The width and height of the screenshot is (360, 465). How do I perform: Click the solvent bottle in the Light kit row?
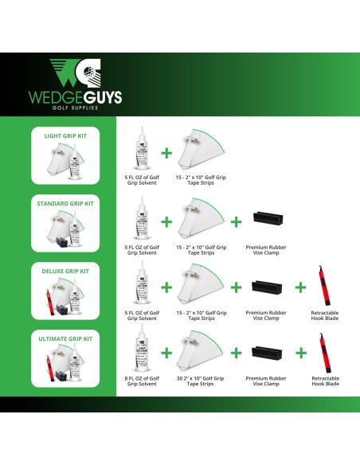click(143, 151)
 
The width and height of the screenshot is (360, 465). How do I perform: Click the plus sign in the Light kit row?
click(166, 152)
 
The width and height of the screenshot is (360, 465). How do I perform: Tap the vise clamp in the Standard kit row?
click(266, 219)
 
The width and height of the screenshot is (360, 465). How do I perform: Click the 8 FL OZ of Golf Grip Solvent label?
click(143, 381)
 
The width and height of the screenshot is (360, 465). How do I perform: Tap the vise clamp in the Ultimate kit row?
click(266, 353)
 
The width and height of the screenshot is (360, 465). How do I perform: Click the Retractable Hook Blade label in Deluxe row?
click(325, 317)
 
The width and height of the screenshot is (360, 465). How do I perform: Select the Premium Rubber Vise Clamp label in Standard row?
click(266, 250)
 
